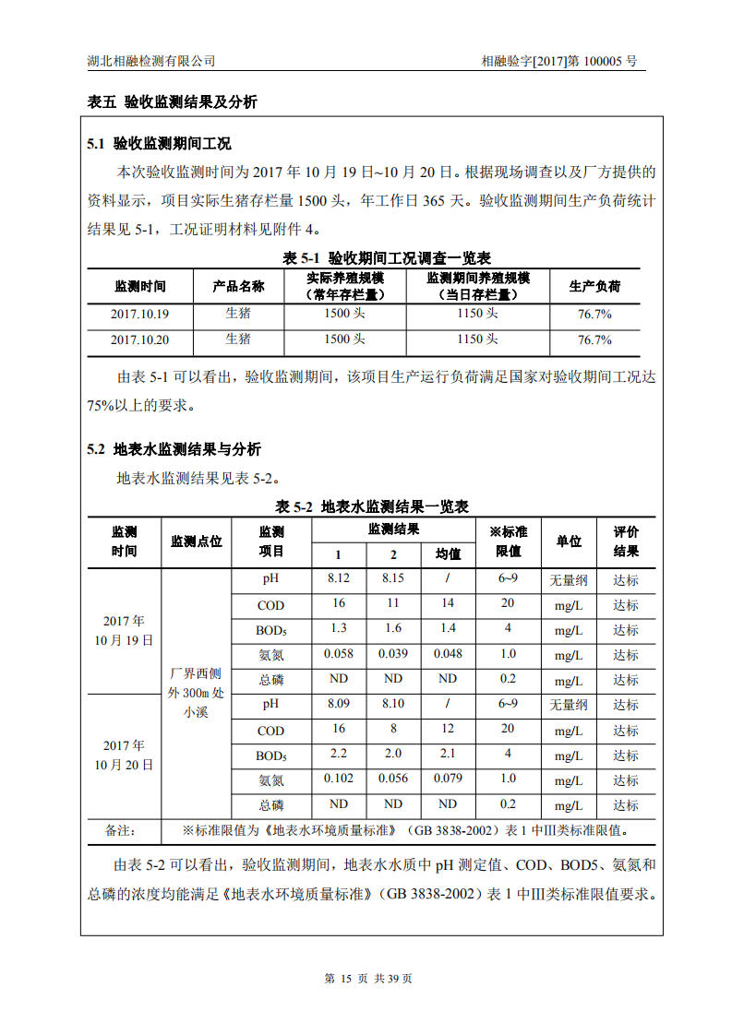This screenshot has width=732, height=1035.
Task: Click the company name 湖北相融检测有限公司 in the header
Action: [x=150, y=61]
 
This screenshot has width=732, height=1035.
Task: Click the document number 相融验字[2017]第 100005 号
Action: [x=558, y=61]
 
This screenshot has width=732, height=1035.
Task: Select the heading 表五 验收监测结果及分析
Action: [x=172, y=102]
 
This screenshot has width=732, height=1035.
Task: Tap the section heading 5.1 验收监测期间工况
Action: [x=159, y=144]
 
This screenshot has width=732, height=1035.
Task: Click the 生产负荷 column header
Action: [x=594, y=286]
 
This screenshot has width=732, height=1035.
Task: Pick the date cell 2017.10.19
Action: [x=139, y=314]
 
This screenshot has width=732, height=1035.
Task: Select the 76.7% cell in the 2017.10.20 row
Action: [x=594, y=339]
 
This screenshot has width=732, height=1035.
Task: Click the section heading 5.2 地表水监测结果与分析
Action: [x=174, y=449]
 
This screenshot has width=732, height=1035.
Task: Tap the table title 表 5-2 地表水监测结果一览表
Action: [x=372, y=506]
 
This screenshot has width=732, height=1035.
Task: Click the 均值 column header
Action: [x=448, y=553]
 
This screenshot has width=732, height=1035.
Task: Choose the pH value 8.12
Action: [x=339, y=578]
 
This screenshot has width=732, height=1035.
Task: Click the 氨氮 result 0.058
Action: [x=339, y=653]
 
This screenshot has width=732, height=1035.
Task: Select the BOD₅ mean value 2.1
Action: [x=448, y=754]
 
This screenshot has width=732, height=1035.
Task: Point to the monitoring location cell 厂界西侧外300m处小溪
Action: [x=195, y=692]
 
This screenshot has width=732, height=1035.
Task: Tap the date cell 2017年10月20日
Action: [x=124, y=755]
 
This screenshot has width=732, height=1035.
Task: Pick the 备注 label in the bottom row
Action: [x=121, y=829]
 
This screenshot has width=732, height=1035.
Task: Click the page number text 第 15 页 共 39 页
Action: [x=368, y=979]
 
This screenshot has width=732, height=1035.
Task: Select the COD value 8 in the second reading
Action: [x=393, y=729]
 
